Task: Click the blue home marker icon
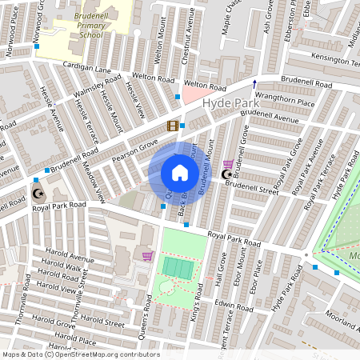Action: pyautogui.click(x=180, y=173)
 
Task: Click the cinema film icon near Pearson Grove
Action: pyautogui.click(x=173, y=126)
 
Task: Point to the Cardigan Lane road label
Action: pyautogui.click(x=86, y=69)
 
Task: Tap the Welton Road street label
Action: pyautogui.click(x=153, y=78)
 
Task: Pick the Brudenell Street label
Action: pyautogui.click(x=251, y=187)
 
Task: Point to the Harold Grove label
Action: pyautogui.click(x=54, y=321)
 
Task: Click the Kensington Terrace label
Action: pyautogui.click(x=335, y=59)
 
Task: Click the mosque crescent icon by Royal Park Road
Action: pyautogui.click(x=38, y=193)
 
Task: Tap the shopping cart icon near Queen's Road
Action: pyautogui.click(x=147, y=256)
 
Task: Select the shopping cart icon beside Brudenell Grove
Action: pyautogui.click(x=228, y=163)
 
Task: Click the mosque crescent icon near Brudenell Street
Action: pyautogui.click(x=226, y=174)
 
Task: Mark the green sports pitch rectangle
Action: pyautogui.click(x=178, y=267)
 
